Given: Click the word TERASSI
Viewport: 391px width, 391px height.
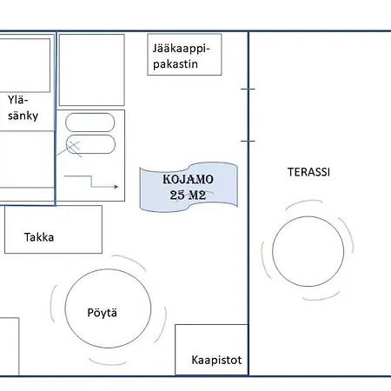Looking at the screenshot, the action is pyautogui.click(x=308, y=172).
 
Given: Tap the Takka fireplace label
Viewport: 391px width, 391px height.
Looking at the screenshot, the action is pyautogui.click(x=39, y=237).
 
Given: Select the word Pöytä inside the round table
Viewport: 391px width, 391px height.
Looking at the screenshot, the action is pyautogui.click(x=103, y=313).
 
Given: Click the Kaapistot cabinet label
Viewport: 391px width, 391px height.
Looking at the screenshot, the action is pyautogui.click(x=216, y=360).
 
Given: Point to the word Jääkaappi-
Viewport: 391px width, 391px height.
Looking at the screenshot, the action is pyautogui.click(x=181, y=49).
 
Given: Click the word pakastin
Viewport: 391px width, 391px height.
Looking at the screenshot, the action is pyautogui.click(x=176, y=64).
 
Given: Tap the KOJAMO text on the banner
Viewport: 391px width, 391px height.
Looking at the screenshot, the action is pyautogui.click(x=188, y=179).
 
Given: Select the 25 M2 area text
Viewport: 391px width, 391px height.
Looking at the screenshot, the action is pyautogui.click(x=188, y=195).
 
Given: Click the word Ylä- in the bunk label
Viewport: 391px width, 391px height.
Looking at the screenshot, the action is pyautogui.click(x=17, y=100).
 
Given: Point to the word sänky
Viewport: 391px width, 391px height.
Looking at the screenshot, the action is pyautogui.click(x=23, y=116).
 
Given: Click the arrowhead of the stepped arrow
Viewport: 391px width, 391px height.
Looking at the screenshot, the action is pyautogui.click(x=116, y=187).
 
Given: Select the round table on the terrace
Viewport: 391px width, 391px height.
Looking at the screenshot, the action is pyautogui.click(x=308, y=251).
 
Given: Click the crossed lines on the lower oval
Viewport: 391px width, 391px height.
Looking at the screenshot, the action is pyautogui.click(x=74, y=149).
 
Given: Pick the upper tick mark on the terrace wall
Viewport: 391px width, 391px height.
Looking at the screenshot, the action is pyautogui.click(x=248, y=89).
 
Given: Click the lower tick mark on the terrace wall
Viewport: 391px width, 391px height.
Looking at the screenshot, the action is pyautogui.click(x=248, y=141).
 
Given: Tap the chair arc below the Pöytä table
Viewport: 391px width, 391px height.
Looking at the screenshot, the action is pyautogui.click(x=107, y=363).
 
